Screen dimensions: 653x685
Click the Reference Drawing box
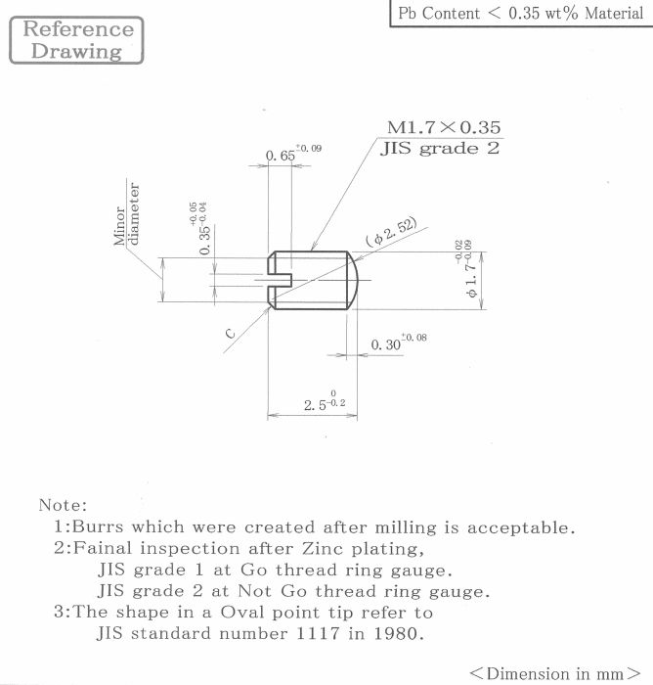tap(76, 40)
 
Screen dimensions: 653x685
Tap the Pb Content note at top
tap(521, 13)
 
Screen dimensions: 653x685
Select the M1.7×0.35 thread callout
tap(444, 127)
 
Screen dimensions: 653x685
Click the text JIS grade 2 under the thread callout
tap(440, 149)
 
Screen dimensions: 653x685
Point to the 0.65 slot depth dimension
tap(293, 154)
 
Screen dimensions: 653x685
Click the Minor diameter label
tap(127, 214)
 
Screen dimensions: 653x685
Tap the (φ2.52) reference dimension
tap(391, 232)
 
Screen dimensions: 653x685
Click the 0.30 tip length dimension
tap(399, 342)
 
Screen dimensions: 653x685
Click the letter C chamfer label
tap(230, 335)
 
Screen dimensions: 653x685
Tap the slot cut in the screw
tap(280, 280)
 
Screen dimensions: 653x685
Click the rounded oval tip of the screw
tap(353, 280)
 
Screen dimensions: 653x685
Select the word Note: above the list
tap(63, 505)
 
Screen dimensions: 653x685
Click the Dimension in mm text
tap(555, 673)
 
